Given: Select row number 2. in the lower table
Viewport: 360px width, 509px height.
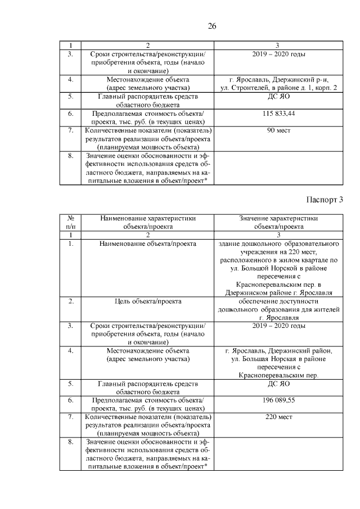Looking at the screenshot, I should point(71,301).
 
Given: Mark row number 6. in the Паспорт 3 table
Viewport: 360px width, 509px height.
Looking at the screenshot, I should point(71,400).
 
